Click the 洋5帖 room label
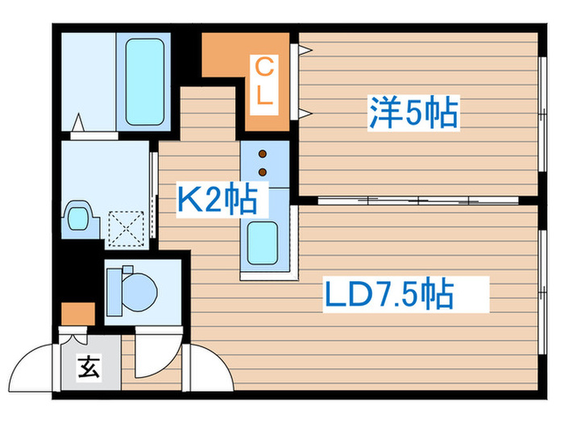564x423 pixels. click(x=413, y=113)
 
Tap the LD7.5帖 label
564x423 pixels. click(x=389, y=294)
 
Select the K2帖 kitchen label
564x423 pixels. click(x=218, y=199)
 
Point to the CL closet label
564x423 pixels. click(x=264, y=81)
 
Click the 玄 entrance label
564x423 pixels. click(x=89, y=367)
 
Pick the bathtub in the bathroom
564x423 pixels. click(x=145, y=81)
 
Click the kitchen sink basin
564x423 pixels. click(x=263, y=243)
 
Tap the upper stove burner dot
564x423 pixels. click(x=263, y=154)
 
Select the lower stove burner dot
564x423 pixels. click(x=263, y=172)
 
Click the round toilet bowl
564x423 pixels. click(x=140, y=292)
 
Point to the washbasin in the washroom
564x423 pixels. click(x=78, y=218)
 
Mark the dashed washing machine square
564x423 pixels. click(x=126, y=229)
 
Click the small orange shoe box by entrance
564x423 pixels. click(x=78, y=313)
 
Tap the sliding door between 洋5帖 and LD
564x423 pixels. click(x=418, y=201)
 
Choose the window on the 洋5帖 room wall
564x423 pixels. click(x=543, y=114)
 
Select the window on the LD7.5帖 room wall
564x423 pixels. click(x=543, y=292)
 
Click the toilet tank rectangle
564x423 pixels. click(x=114, y=292)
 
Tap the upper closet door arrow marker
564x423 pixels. click(x=305, y=49)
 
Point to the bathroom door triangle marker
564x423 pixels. click(x=78, y=122)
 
